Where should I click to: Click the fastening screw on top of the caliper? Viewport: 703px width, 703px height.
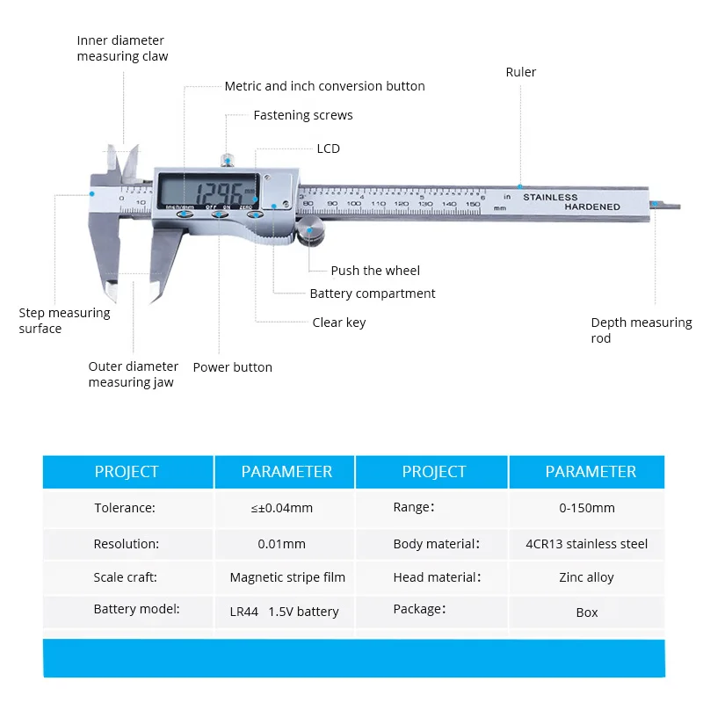227,159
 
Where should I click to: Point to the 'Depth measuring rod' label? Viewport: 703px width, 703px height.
641,330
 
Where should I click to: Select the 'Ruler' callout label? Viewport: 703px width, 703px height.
520,72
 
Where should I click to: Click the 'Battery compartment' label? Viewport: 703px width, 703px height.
373,294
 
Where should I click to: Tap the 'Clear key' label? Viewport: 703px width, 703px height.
338,323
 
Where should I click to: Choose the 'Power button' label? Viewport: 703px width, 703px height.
232,367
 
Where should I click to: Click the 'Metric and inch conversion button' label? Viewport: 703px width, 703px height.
324,86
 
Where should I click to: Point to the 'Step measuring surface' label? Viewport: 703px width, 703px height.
64,321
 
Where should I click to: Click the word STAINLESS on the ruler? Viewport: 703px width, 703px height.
550,197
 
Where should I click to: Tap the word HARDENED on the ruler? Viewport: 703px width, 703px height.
591,207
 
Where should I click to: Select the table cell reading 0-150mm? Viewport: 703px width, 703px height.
587,508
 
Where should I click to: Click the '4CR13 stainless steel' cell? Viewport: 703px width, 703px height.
587,544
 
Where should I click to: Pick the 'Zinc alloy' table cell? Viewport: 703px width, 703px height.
587,577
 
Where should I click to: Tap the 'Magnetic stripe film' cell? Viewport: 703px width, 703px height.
287,577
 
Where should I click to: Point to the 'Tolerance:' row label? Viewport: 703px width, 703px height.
125,508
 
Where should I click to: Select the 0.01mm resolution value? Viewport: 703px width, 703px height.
282,544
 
